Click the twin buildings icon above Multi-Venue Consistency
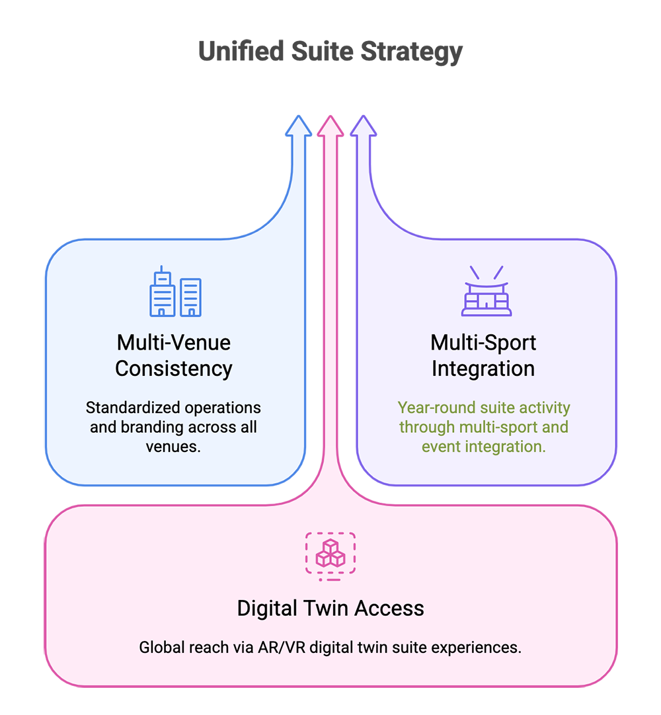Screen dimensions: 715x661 pyautogui.click(x=175, y=292)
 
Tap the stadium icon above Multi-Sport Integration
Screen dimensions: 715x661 pyautogui.click(x=486, y=291)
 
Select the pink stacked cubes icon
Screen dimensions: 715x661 pyautogui.click(x=330, y=554)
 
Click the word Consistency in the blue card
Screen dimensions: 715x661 pyautogui.click(x=174, y=369)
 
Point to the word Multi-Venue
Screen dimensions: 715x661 pyautogui.click(x=174, y=343)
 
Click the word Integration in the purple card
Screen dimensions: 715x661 pyautogui.click(x=483, y=369)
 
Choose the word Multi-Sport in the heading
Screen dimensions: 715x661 pyautogui.click(x=483, y=343)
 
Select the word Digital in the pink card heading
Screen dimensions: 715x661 pyautogui.click(x=269, y=609)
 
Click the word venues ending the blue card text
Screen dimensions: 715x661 pyautogui.click(x=172, y=446)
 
